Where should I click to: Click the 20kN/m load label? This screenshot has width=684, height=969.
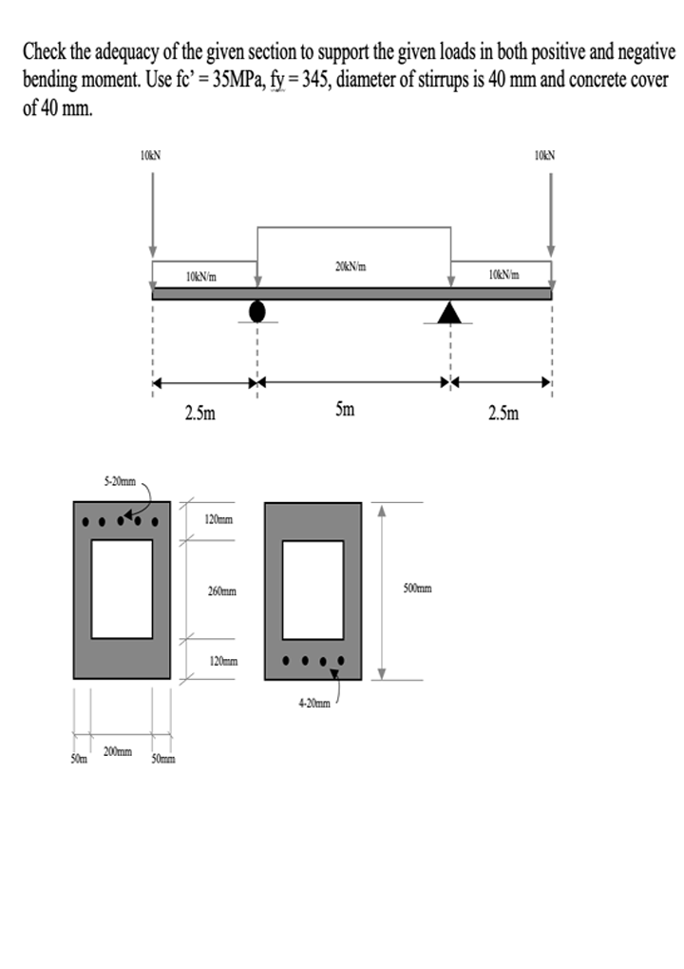click(351, 267)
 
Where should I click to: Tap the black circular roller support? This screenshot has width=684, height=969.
click(257, 311)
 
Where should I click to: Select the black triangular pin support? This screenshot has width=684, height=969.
click(450, 312)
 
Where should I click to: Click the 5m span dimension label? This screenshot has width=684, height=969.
click(345, 409)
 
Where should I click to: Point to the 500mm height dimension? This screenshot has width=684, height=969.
click(418, 588)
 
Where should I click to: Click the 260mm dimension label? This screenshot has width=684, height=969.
click(222, 591)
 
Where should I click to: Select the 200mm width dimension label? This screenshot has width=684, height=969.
click(118, 751)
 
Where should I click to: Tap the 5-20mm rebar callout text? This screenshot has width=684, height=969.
click(120, 481)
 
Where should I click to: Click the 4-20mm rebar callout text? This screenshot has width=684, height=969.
click(314, 703)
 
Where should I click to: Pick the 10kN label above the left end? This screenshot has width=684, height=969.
click(151, 155)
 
